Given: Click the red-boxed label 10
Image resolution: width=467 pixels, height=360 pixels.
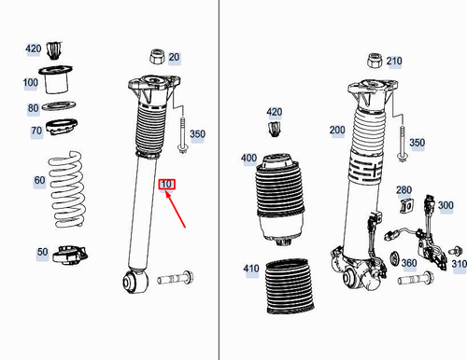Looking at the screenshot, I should (x=167, y=184).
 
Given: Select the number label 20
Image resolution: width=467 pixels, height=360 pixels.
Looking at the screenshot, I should (x=175, y=58).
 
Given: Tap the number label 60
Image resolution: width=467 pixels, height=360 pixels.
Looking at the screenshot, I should (x=38, y=179).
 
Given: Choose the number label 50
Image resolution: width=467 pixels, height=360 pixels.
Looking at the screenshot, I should (x=43, y=252).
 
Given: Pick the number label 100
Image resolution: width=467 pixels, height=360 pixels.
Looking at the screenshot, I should (x=31, y=83).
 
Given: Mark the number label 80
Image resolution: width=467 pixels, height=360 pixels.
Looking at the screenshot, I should (x=33, y=108).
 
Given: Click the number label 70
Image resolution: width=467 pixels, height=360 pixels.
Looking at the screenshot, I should (x=35, y=131).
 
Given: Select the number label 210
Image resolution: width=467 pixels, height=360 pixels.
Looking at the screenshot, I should (x=393, y=62).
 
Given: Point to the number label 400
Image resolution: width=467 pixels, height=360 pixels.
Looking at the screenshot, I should (x=248, y=159).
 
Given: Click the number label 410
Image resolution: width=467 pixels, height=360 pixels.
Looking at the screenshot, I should (x=250, y=270).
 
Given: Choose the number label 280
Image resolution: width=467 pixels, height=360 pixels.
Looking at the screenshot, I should (x=403, y=190).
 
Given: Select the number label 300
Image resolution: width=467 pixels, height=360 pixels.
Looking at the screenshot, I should (x=446, y=205).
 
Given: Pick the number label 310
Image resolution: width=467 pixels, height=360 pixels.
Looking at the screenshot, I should (x=459, y=265).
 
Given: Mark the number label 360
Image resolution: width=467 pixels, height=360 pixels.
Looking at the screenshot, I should (x=409, y=264).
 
